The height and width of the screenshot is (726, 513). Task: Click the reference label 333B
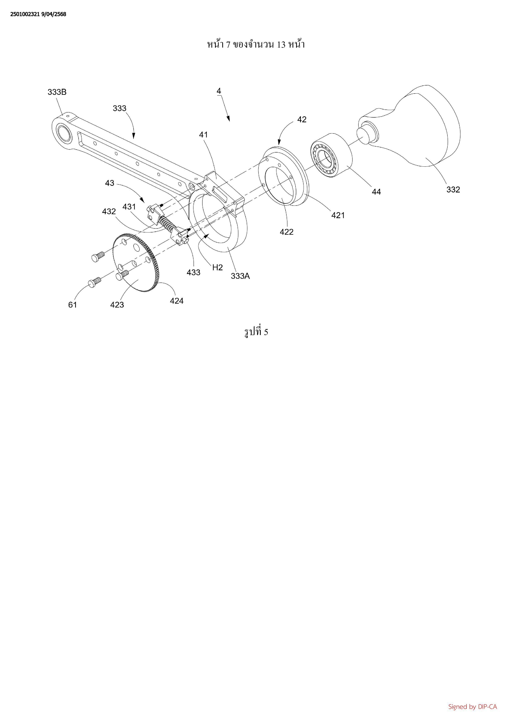click(x=57, y=92)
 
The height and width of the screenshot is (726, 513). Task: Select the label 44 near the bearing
click(x=376, y=192)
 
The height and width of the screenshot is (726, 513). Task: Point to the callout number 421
click(x=338, y=215)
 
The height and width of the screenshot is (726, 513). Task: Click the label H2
click(x=217, y=268)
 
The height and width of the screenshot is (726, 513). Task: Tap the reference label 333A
click(x=240, y=276)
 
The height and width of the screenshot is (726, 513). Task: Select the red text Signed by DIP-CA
click(x=472, y=707)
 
